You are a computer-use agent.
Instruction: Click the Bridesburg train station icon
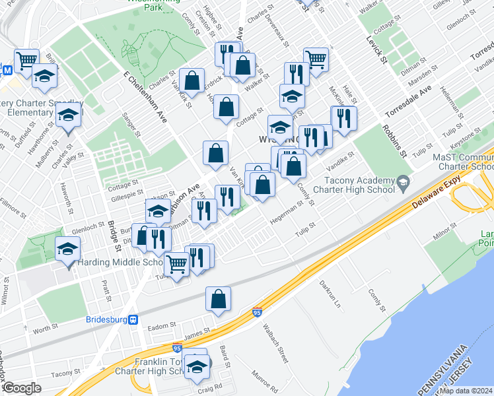click(x=133, y=320)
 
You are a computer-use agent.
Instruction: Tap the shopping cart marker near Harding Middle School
click(x=176, y=264)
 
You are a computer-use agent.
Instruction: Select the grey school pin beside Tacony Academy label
click(x=402, y=181)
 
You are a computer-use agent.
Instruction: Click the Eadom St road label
click(x=160, y=325)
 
